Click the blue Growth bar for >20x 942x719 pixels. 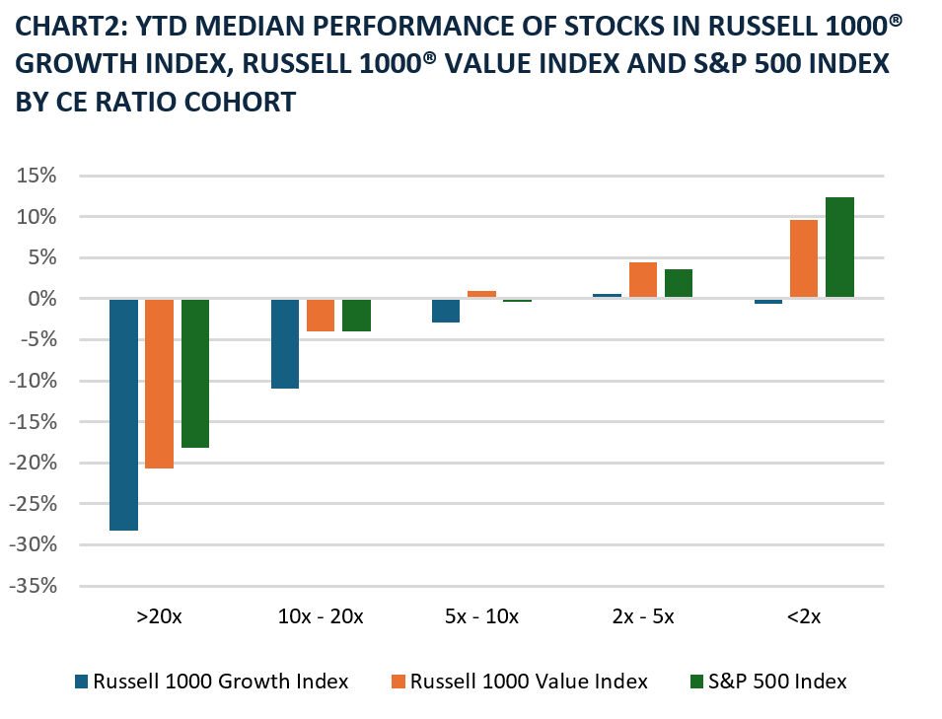coord(123,414)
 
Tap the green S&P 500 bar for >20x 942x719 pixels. coord(195,373)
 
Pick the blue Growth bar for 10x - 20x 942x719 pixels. coord(285,343)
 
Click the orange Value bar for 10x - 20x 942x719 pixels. coord(321,315)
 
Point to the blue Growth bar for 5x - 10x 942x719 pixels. coord(446,311)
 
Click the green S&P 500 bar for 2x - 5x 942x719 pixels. coord(679,284)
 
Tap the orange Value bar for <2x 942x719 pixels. coord(804,258)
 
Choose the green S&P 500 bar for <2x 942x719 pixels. coord(840,248)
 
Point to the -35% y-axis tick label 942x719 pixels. coord(35,587)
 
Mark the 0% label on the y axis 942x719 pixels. coord(42,300)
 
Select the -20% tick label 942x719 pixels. coord(35,464)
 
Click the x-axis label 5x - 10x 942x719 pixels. coord(481,617)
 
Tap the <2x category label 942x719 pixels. coord(804,617)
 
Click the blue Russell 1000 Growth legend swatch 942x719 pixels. coord(82,682)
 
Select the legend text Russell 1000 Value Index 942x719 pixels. coord(529,682)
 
